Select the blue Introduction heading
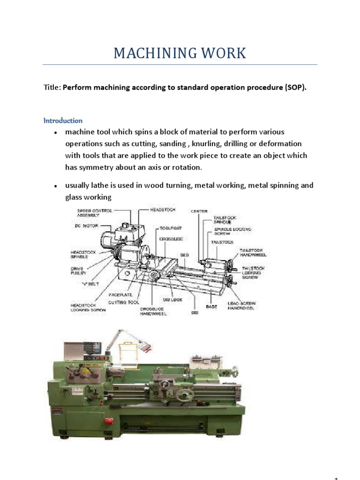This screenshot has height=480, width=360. point(63,120)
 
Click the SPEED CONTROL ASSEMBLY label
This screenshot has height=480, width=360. point(94,213)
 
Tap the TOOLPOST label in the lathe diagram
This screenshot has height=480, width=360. point(170,228)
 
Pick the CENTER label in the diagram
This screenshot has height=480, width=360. point(199,211)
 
